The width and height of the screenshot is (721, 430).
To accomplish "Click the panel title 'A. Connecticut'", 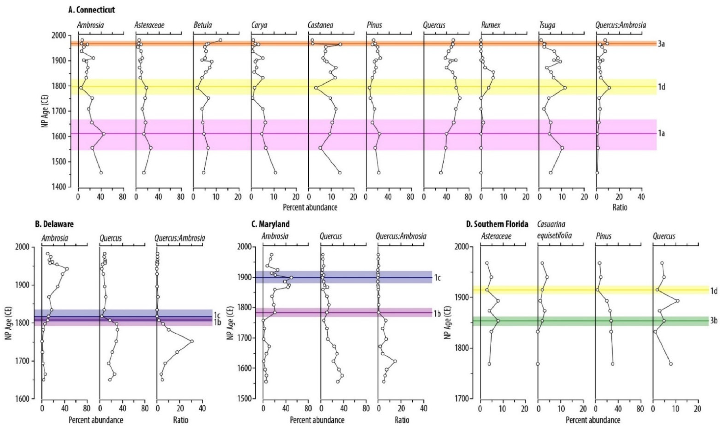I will tap(91, 10).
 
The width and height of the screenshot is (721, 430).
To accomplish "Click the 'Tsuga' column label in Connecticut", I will tap(547, 25).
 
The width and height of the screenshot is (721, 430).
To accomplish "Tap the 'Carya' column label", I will tap(259, 25).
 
